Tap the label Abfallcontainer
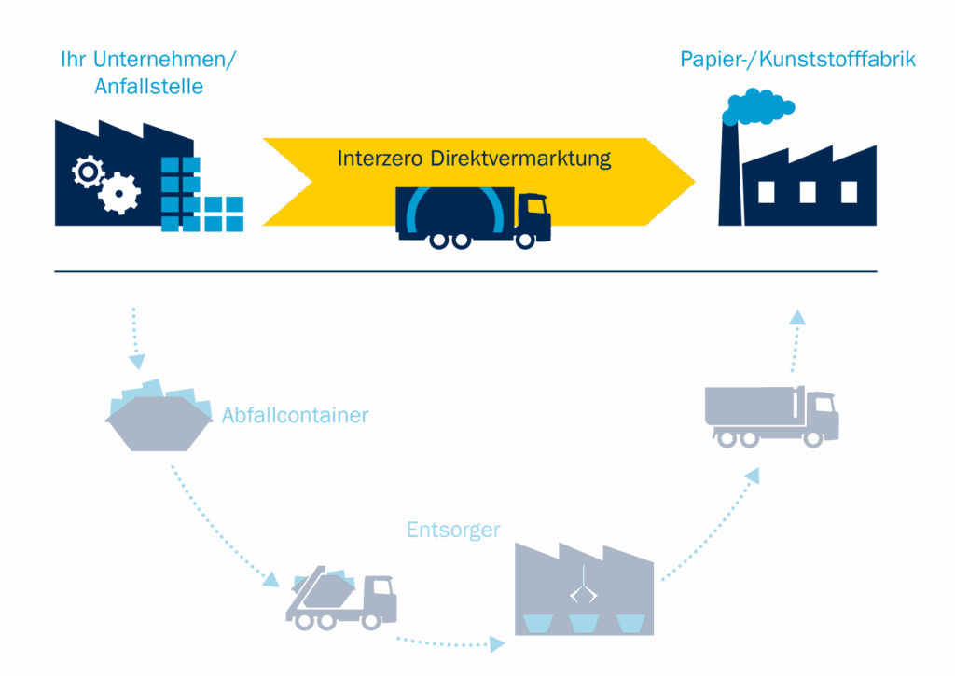[x=295, y=416]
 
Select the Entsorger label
[x=453, y=530]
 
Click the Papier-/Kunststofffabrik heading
[x=797, y=60]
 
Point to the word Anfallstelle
[x=149, y=88]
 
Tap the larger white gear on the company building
[x=120, y=194]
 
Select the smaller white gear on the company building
[x=89, y=172]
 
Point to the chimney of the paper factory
[x=729, y=177]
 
